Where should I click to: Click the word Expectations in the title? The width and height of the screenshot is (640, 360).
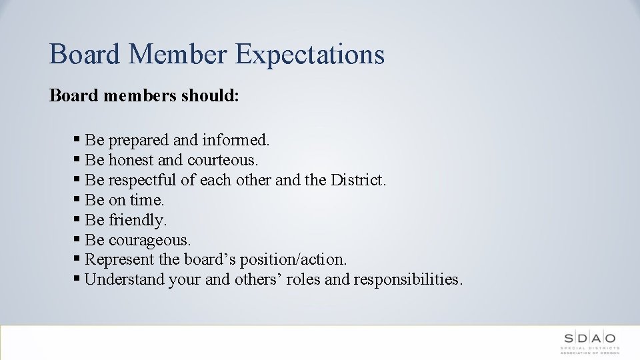pos(310,55)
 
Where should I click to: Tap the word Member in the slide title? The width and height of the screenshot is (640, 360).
pos(179,53)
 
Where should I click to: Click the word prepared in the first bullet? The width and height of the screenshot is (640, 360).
pos(139,141)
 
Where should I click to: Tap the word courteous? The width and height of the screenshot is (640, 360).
pos(223,160)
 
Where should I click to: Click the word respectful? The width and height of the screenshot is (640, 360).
pos(141,180)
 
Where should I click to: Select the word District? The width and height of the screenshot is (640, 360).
pos(359,180)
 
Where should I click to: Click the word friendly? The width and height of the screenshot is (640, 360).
pos(138,220)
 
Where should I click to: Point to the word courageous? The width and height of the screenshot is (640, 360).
pos(150,240)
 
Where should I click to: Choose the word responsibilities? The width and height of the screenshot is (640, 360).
pos(408,279)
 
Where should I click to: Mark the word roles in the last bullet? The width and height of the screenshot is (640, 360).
pos(304,279)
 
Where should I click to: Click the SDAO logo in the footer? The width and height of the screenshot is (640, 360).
pos(589,342)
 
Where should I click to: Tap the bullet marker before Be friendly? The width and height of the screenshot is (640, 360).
pos(78,219)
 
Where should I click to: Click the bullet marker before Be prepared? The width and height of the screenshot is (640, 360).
pos(78,139)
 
